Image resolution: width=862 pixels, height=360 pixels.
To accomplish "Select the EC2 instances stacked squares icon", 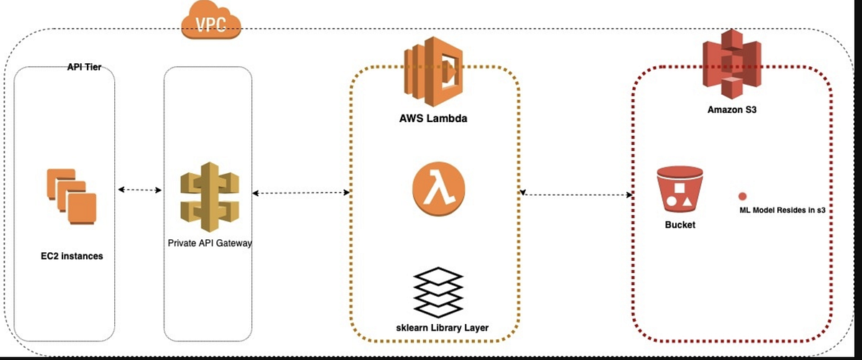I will tap(70, 195).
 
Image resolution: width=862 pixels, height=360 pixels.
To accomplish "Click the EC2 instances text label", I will tap(71, 256).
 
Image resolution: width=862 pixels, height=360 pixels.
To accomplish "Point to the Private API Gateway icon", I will tap(208, 195).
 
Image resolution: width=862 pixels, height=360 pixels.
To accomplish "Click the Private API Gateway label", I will tap(208, 243).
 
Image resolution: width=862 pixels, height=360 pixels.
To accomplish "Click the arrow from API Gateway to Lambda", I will tap(300, 193).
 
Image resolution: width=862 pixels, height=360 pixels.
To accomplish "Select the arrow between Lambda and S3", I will tap(577, 193).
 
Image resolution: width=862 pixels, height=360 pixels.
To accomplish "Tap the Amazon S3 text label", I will tap(729, 109).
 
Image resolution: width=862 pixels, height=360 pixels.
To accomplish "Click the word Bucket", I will tap(680, 225).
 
